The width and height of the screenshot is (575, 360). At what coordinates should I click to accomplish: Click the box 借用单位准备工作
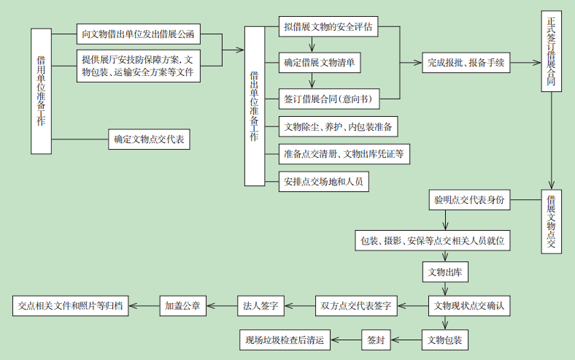42,91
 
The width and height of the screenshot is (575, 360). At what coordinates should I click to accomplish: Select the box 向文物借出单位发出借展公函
138,34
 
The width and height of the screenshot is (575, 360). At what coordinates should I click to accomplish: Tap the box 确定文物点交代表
150,139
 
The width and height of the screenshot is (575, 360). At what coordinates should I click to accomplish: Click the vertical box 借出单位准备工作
254,106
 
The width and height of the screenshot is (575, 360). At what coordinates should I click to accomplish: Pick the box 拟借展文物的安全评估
329,28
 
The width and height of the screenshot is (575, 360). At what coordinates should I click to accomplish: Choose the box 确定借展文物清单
321,63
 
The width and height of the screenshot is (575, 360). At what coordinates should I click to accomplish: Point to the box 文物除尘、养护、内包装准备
339,127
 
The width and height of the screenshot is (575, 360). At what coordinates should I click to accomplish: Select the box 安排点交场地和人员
323,181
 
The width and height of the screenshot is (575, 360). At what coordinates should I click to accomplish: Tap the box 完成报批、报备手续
465,63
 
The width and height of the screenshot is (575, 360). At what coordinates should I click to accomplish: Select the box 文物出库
446,272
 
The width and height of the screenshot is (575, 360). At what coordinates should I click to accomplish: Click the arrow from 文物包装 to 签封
407,340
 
